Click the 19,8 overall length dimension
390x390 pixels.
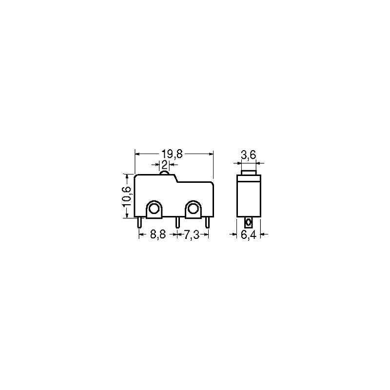coord(172,154)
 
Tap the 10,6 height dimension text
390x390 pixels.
coord(126,196)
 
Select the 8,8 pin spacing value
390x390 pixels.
coord(158,234)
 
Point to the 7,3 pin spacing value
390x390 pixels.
coord(192,234)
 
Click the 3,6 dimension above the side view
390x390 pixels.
coord(249,155)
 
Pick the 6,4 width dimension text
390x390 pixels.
coord(249,234)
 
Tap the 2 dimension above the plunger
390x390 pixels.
coord(164,164)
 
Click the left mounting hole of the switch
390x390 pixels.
coord(154,209)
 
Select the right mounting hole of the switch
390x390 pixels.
coord(193,209)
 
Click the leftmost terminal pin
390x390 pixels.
coord(139,222)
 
